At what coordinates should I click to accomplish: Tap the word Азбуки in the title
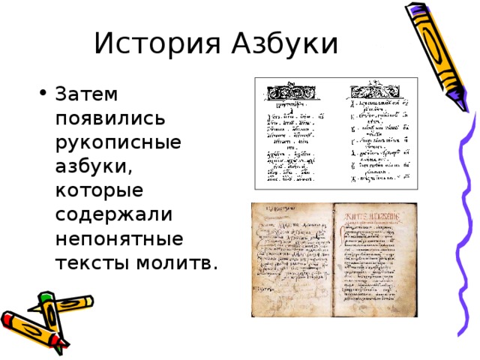(278, 43)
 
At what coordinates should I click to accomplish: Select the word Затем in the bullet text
(86, 95)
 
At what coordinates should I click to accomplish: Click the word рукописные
(118, 143)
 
